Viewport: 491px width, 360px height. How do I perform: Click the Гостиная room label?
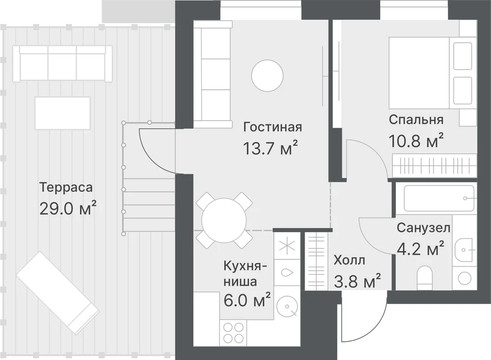[273, 127]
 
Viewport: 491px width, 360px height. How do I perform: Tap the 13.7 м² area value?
[270, 148]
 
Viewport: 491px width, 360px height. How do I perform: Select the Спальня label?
[416, 120]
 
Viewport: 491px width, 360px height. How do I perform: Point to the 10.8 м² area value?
[416, 140]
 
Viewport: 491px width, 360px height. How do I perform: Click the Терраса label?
[66, 187]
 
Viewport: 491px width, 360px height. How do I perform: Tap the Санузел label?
[424, 228]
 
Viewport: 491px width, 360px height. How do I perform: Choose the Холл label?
[350, 260]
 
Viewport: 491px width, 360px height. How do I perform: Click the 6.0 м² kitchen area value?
[247, 300]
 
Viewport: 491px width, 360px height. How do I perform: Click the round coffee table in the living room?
[268, 76]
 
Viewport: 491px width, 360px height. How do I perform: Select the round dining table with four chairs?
[224, 220]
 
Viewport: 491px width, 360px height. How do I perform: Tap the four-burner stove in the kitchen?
[233, 332]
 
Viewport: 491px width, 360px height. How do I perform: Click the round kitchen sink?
[287, 306]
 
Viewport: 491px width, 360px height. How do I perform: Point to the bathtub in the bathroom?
[439, 198]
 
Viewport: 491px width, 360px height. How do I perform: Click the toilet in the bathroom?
[425, 277]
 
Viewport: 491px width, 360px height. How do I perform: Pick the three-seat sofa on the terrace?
[63, 64]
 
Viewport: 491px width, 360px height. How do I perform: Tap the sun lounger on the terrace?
[58, 293]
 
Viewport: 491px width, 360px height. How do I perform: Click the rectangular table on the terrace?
[63, 113]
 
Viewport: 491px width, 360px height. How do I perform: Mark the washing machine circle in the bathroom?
[464, 278]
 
